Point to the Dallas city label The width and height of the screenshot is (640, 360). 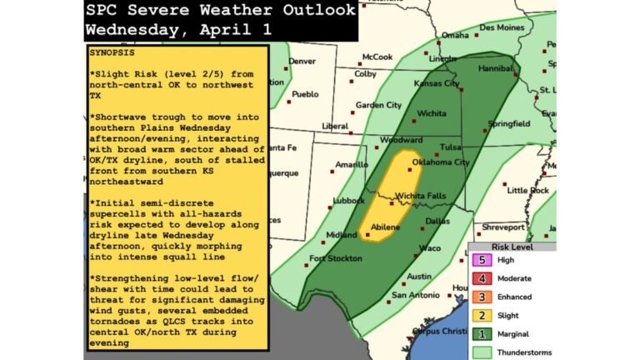(x=437, y=221)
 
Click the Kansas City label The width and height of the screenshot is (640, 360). (x=438, y=84)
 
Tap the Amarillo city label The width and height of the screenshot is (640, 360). (x=352, y=165)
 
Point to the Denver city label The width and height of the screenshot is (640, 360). (x=302, y=61)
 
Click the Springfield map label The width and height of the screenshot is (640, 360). (x=509, y=123)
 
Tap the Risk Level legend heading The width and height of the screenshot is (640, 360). (x=511, y=247)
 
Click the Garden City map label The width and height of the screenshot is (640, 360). (x=378, y=106)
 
